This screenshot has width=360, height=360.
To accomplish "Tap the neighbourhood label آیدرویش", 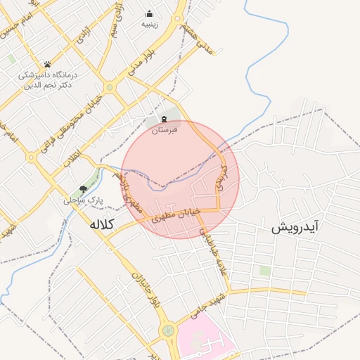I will [295, 227].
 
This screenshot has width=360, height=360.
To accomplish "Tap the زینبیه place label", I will [150, 24].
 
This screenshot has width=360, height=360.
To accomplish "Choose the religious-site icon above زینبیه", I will [150, 13].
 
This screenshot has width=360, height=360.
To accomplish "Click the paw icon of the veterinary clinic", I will [47, 64].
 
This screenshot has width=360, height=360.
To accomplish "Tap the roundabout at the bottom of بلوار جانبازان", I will [168, 330].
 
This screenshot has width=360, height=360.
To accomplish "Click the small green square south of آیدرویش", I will [264, 270].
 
